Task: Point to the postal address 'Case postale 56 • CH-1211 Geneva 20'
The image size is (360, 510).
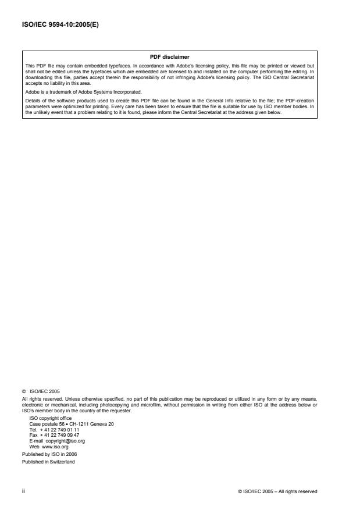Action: pos(71,425)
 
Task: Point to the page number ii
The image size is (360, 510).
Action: pos(23,491)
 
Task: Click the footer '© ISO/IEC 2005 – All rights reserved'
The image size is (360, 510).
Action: pos(278,491)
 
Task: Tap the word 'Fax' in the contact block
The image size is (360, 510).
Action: pos(33,435)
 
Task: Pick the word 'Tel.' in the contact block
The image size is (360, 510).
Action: pos(33,430)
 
